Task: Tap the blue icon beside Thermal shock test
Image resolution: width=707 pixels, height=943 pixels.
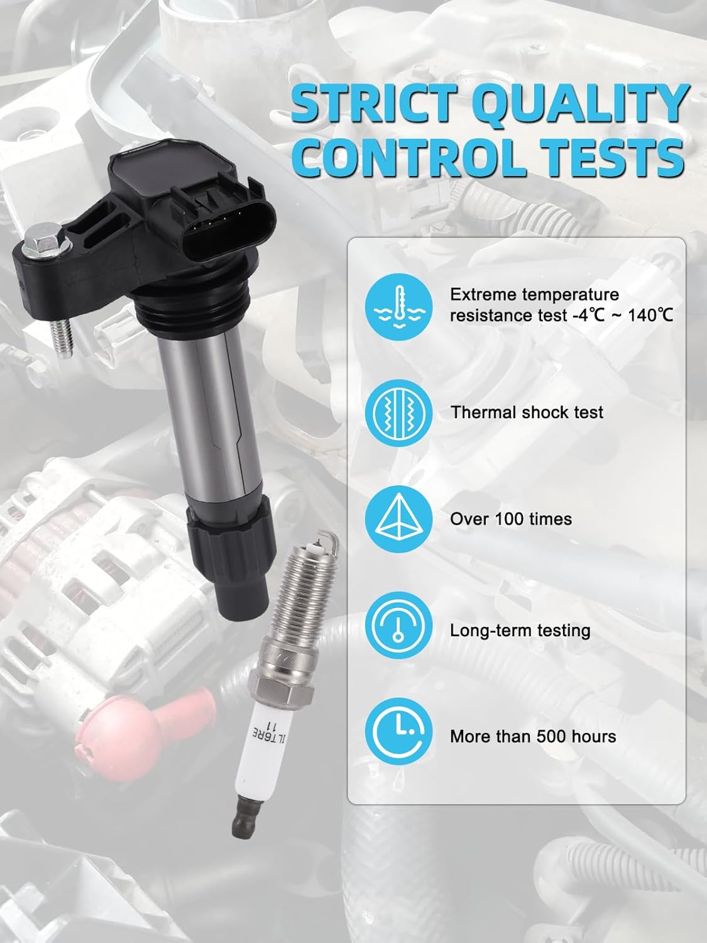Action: pos(399,413)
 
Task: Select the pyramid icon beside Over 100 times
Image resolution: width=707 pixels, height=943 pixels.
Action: pos(399,519)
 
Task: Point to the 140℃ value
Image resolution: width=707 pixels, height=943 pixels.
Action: pos(650,316)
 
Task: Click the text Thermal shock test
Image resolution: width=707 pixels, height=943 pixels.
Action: pos(527,412)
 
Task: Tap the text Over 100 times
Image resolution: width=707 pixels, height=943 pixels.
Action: pos(511,519)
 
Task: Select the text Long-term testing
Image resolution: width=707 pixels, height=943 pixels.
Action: pos(520,631)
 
